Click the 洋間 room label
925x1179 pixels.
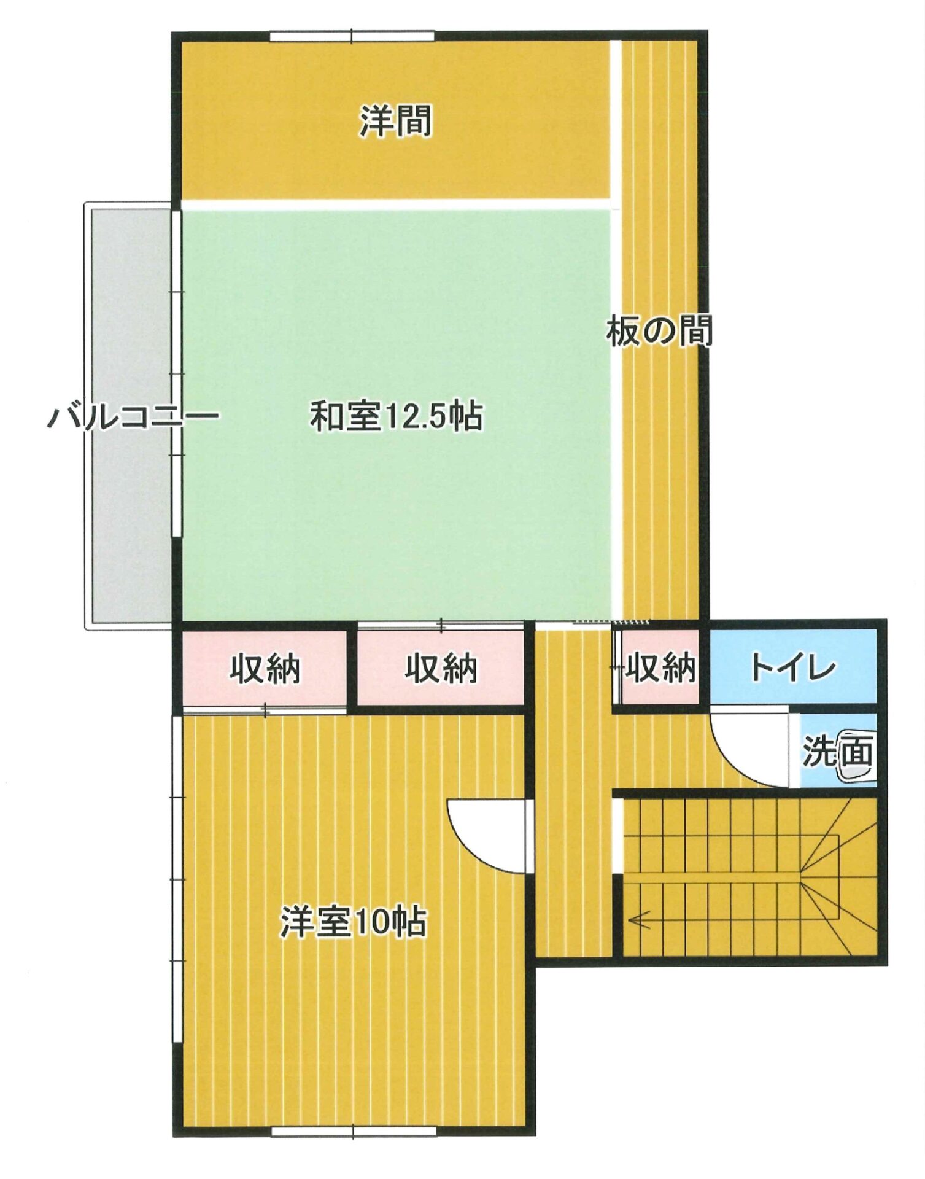[396, 120]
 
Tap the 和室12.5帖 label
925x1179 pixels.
[397, 416]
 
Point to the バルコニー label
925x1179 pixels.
[133, 417]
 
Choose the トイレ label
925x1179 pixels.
[793, 667]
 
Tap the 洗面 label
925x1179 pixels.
[837, 750]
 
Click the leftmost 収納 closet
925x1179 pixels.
[265, 668]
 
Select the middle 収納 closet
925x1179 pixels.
[441, 668]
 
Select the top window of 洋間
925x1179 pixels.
[352, 36]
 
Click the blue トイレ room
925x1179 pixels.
[793, 667]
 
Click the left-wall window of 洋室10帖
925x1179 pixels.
[177, 878]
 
